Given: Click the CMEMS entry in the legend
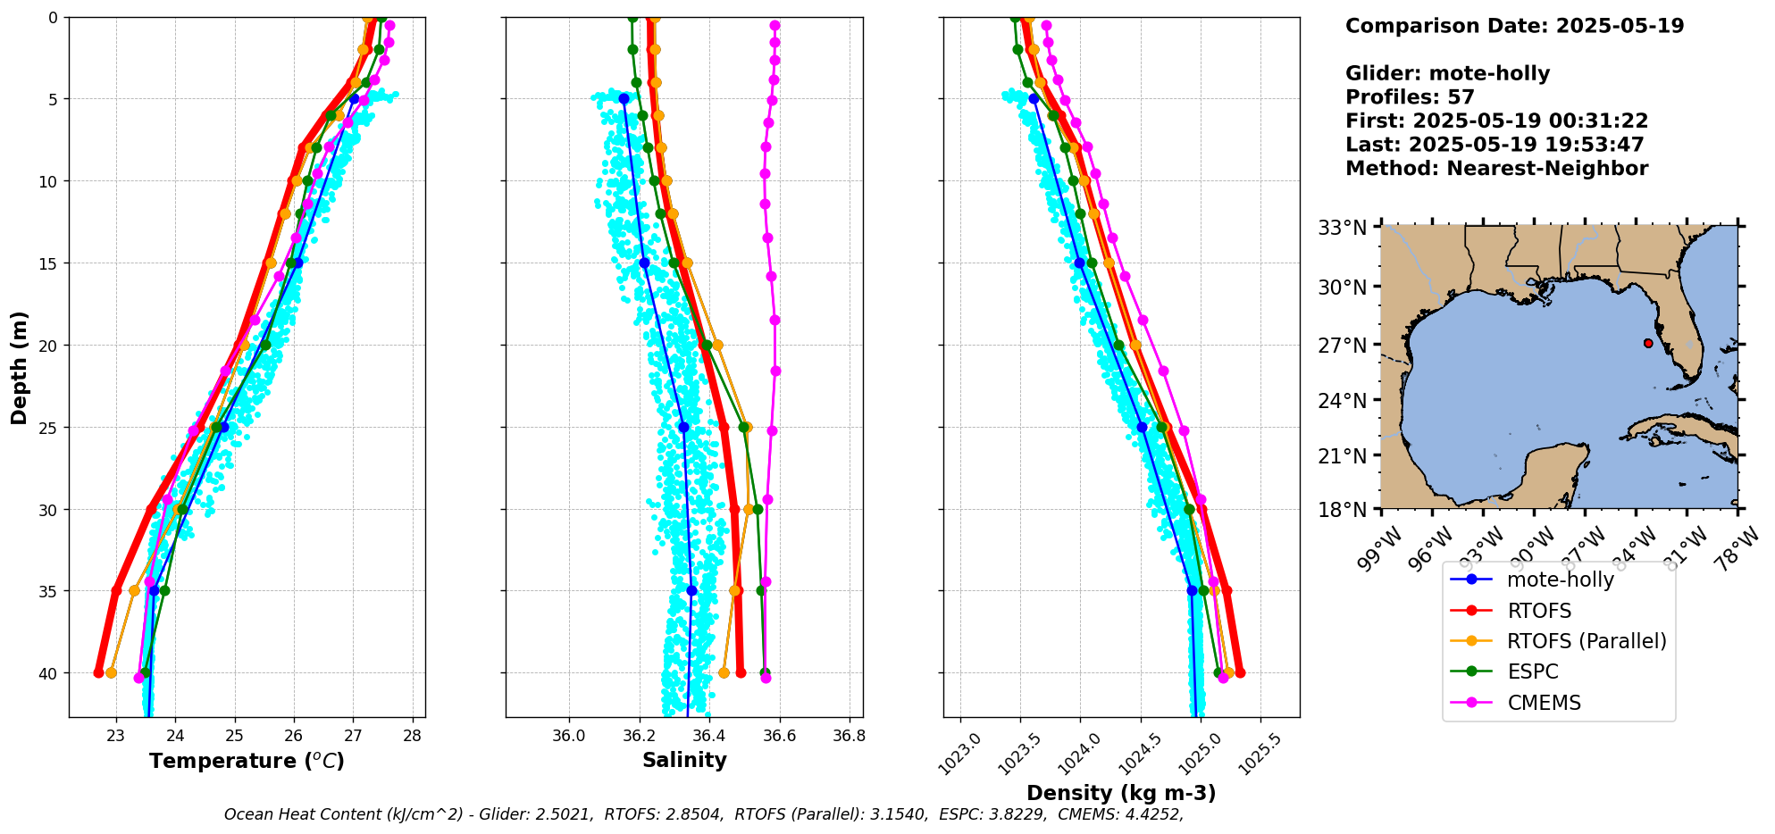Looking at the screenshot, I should (1544, 703).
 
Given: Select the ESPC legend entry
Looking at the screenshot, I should (1532, 671).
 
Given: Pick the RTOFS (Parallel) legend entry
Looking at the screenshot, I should (1586, 641).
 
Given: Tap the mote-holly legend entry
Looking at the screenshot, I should (1560, 580).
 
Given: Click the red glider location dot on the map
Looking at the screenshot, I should (1648, 343).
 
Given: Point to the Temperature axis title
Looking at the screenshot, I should (247, 761).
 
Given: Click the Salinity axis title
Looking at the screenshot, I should (684, 760).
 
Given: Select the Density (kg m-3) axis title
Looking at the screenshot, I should (1121, 793).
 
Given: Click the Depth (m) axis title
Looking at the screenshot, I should (20, 368).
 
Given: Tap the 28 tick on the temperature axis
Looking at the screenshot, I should (412, 736).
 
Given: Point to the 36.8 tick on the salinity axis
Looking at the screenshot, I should (849, 736).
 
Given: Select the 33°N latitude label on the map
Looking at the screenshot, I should (1343, 228).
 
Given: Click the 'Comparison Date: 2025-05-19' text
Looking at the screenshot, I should (1514, 26).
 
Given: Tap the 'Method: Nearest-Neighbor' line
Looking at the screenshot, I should (1496, 169).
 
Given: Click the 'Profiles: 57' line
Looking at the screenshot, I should (1410, 97).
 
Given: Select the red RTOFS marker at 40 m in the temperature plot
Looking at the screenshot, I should (98, 672).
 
